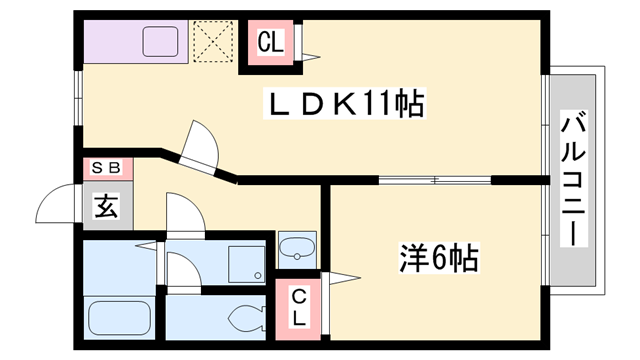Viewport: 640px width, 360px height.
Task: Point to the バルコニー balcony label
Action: click(x=574, y=180)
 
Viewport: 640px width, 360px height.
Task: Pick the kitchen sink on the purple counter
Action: click(x=161, y=42)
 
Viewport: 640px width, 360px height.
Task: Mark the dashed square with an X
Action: click(x=212, y=41)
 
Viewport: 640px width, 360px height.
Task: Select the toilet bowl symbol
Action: click(x=244, y=319)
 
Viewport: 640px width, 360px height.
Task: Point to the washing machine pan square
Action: click(x=246, y=262)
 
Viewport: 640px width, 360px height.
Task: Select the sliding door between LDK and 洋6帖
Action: click(x=436, y=180)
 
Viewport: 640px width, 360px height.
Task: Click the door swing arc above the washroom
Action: click(x=183, y=213)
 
